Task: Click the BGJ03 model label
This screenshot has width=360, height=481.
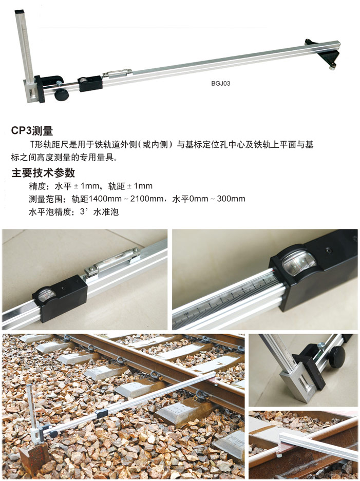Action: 220,83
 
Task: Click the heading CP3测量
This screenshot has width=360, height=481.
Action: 32,131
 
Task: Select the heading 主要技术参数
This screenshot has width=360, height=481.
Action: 43,172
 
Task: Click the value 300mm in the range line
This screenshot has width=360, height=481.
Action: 231,199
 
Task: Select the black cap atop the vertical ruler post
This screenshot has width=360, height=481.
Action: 20,12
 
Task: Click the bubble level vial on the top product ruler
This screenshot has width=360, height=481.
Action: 117,73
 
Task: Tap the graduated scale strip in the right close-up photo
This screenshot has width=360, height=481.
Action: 226,302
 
